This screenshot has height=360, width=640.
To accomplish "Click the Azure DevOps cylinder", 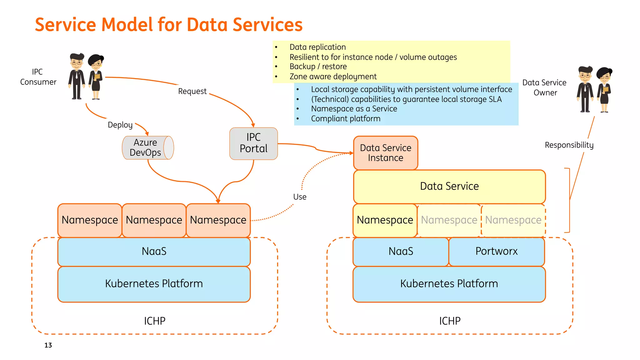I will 147,148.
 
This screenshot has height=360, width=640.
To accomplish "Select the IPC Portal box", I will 253,143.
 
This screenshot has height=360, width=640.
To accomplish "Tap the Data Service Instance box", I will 385,153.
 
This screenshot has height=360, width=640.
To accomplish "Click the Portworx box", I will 496,251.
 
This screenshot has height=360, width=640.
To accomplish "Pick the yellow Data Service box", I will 449,186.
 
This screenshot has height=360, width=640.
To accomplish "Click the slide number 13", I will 48,345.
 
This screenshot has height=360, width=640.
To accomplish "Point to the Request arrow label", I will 192,91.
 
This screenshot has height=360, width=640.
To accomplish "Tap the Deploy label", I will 120,125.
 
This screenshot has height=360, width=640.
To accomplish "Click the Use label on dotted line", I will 300,197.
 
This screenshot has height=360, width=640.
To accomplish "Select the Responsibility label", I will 569,145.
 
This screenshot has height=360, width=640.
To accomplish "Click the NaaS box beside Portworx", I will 401,251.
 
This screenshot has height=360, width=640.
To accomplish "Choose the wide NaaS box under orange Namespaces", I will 154,251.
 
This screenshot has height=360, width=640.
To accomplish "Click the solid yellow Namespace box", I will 385,220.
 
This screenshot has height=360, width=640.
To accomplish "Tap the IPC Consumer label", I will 38,77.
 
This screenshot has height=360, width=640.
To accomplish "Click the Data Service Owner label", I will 544,87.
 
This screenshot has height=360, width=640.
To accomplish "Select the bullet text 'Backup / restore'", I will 318,67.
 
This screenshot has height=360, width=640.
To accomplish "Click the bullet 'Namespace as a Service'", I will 354,109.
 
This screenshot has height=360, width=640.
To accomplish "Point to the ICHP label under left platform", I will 154,321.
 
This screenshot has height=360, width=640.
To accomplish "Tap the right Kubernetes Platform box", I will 449,284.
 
